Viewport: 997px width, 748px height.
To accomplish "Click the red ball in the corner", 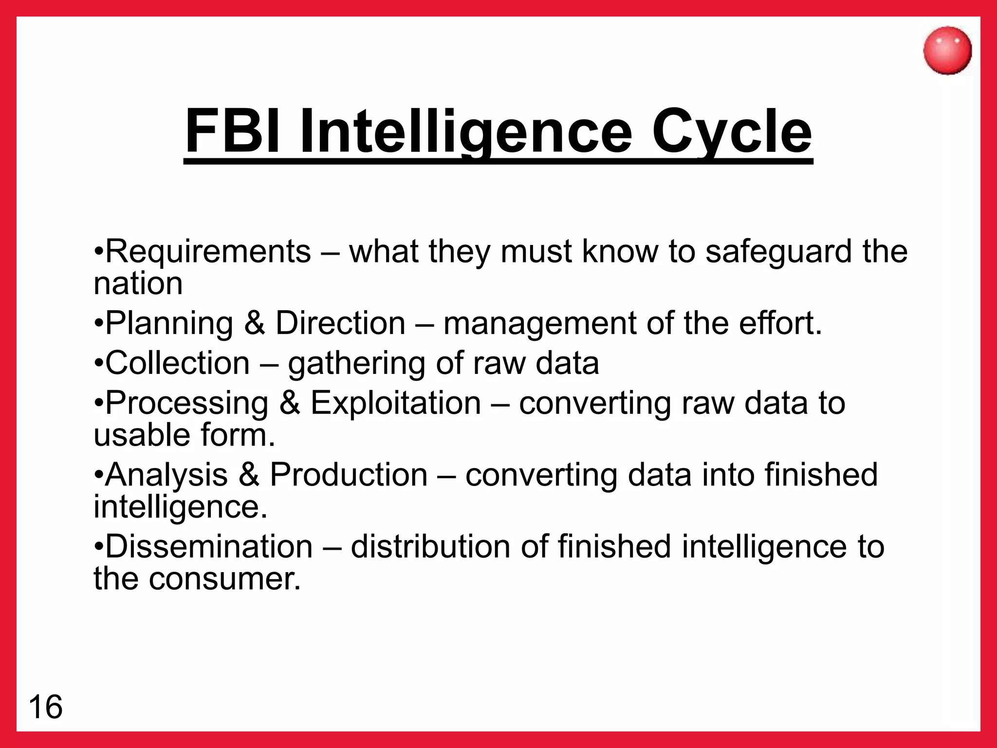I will [947, 51].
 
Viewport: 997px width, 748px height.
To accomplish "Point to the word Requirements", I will [208, 252].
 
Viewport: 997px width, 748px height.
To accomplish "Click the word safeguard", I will [778, 252].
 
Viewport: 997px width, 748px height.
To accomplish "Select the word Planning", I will [169, 323].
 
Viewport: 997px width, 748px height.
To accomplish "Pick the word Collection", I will [177, 363].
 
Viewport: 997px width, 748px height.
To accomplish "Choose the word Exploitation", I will [396, 403].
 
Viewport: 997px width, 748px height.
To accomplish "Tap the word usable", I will [135, 435].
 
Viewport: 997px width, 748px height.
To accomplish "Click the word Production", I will [349, 475].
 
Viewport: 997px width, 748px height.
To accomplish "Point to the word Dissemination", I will [209, 546].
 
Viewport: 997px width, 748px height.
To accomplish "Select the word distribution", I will [430, 546].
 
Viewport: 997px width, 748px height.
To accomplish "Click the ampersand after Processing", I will [290, 403].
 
